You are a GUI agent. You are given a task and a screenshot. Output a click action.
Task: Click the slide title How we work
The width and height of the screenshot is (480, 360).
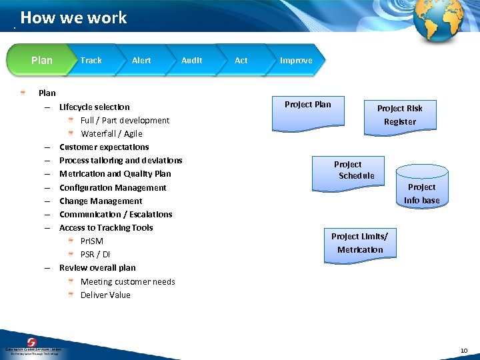tap(73, 18)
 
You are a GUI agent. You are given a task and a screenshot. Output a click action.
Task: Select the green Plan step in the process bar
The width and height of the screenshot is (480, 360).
tap(41, 60)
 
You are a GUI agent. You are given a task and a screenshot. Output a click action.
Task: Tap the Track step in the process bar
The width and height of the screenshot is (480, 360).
tap(91, 60)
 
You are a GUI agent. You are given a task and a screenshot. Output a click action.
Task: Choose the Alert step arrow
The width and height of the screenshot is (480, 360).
tap(141, 60)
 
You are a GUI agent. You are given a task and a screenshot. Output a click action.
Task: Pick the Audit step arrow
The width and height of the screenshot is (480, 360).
tap(192, 60)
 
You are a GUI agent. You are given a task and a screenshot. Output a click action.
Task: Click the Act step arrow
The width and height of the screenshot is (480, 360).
tap(241, 60)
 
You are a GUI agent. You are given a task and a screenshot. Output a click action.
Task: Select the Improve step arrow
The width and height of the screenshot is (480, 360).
tap(296, 60)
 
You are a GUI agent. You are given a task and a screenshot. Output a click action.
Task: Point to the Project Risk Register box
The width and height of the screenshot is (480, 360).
tap(399, 115)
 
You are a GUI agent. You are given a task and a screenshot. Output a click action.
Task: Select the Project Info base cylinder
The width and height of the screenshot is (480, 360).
tap(421, 190)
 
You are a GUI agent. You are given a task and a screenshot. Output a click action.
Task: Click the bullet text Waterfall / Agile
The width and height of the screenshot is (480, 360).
tap(111, 133)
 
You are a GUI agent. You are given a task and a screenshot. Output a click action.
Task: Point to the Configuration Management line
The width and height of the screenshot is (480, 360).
tap(113, 187)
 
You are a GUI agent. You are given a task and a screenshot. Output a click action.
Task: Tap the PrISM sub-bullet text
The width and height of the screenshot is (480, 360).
tap(92, 241)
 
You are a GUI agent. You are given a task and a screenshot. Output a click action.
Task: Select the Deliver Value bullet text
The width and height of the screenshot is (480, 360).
tap(105, 295)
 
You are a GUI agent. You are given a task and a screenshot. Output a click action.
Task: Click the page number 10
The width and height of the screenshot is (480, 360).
tap(464, 351)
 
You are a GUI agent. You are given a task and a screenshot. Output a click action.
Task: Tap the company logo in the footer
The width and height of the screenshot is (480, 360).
tap(33, 345)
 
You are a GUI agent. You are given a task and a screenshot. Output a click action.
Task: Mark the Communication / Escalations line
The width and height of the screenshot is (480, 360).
tap(115, 214)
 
